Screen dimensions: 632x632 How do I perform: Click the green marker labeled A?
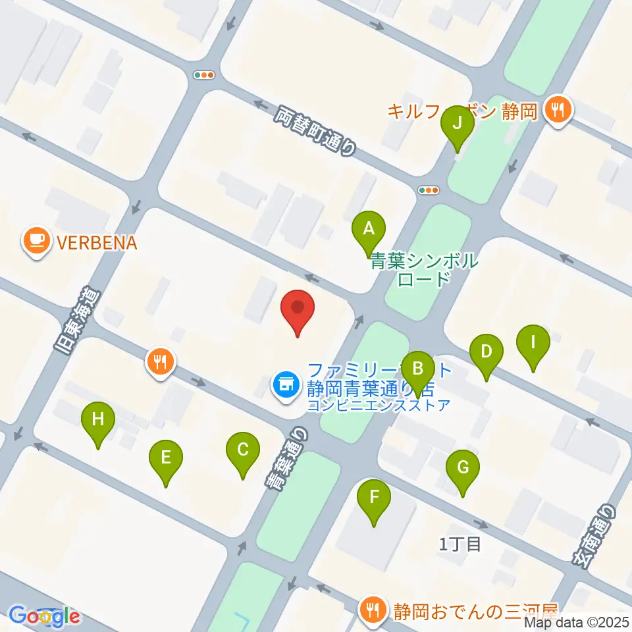click(x=369, y=229)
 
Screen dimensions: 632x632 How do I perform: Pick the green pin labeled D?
click(x=486, y=352)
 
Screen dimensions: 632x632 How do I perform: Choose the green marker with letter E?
click(x=165, y=458)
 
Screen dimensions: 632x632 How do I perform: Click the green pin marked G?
click(x=462, y=468)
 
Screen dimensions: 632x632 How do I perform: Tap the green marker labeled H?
click(x=98, y=419)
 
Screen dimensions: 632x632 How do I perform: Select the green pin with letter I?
click(x=533, y=342)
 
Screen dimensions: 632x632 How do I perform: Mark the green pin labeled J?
click(x=457, y=123)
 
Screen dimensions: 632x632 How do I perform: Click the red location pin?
click(x=298, y=308)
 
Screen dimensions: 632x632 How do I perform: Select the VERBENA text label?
click(x=96, y=243)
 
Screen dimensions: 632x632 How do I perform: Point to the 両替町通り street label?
click(x=315, y=131)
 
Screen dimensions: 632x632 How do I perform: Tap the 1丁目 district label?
click(x=461, y=544)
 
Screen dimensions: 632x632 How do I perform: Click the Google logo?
click(x=44, y=616)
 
